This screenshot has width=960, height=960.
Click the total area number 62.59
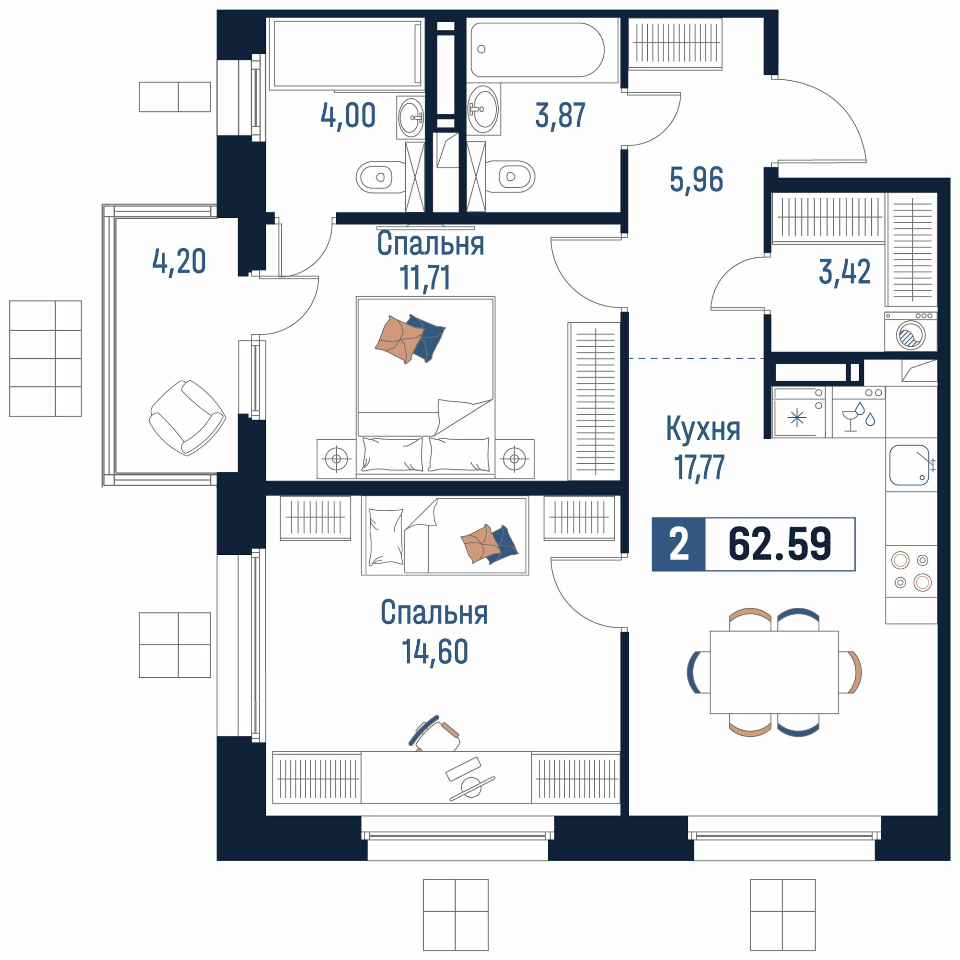(x=779, y=544)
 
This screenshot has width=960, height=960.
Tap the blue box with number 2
(x=679, y=544)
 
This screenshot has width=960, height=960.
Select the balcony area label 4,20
(x=179, y=262)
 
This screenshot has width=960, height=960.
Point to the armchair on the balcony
(x=187, y=418)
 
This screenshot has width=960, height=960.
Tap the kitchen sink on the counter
(x=909, y=465)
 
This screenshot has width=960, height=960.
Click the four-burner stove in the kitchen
(x=911, y=571)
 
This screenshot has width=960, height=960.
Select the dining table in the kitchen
(x=774, y=672)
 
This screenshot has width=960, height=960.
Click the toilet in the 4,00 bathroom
(x=381, y=177)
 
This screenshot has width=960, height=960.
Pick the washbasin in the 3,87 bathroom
(x=483, y=109)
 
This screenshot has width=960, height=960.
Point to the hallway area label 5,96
(x=696, y=180)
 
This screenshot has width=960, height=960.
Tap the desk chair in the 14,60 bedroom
(x=434, y=733)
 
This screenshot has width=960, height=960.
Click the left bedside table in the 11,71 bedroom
(x=336, y=458)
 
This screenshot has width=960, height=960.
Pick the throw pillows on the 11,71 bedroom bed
(x=410, y=339)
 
